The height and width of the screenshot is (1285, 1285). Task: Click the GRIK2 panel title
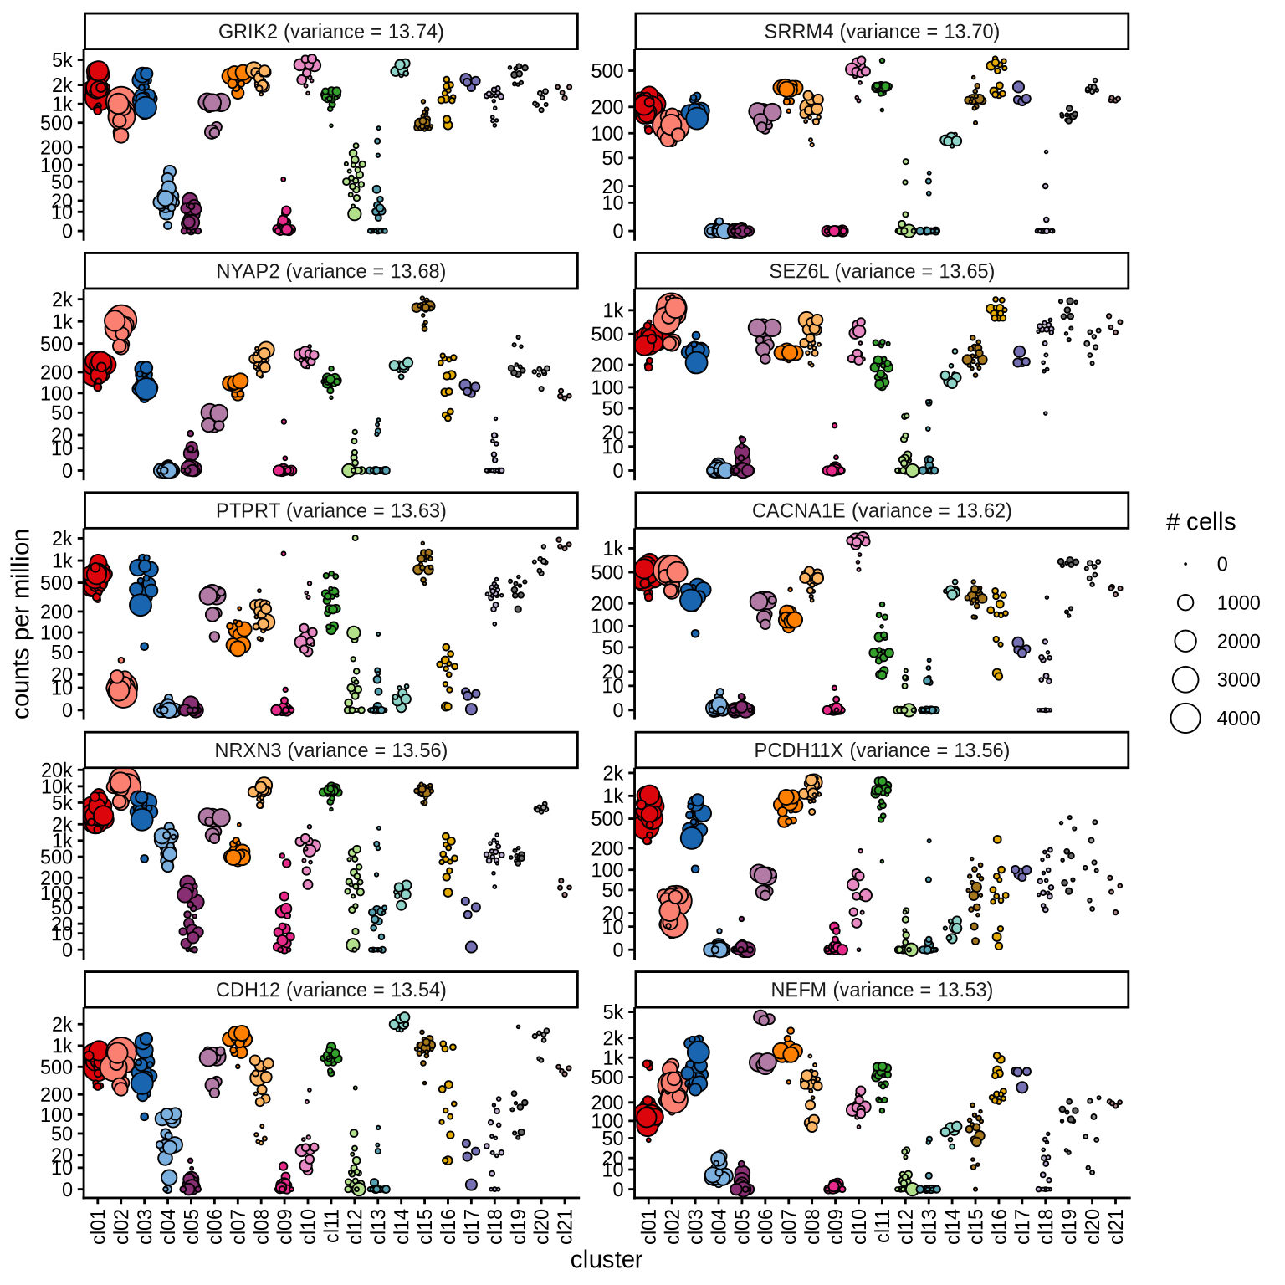[x=330, y=32]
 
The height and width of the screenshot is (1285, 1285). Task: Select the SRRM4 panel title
[x=882, y=32]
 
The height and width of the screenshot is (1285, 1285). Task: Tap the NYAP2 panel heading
[x=330, y=271]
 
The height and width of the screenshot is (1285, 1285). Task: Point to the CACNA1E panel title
[x=882, y=510]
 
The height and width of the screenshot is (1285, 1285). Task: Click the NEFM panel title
[x=882, y=990]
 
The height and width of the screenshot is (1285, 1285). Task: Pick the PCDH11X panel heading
[x=882, y=750]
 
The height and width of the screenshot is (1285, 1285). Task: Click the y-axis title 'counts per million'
[x=22, y=623]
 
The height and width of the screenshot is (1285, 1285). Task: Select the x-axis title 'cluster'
[x=607, y=1260]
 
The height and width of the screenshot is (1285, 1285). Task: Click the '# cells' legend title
[x=1201, y=522]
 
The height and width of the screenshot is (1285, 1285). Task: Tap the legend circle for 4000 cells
[x=1185, y=718]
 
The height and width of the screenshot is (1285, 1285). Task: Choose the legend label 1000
[x=1238, y=602]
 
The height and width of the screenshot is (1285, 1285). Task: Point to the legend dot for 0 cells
[x=1185, y=564]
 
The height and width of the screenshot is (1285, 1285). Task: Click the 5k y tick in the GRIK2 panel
[x=63, y=60]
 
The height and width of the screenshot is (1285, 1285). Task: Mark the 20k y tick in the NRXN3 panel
[x=58, y=770]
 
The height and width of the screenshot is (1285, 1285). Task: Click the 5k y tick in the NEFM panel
[x=613, y=1012]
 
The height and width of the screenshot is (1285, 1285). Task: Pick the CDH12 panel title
[x=330, y=990]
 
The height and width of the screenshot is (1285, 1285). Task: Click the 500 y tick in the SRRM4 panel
[x=607, y=71]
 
